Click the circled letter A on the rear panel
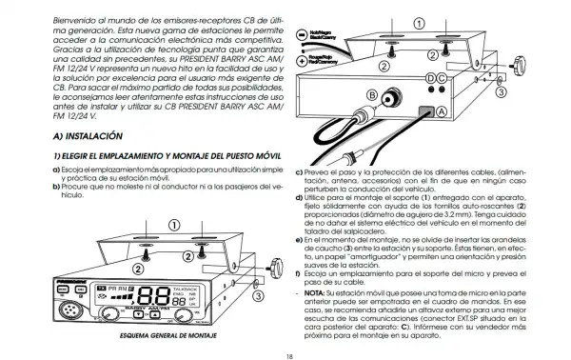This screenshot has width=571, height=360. [440, 111]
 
